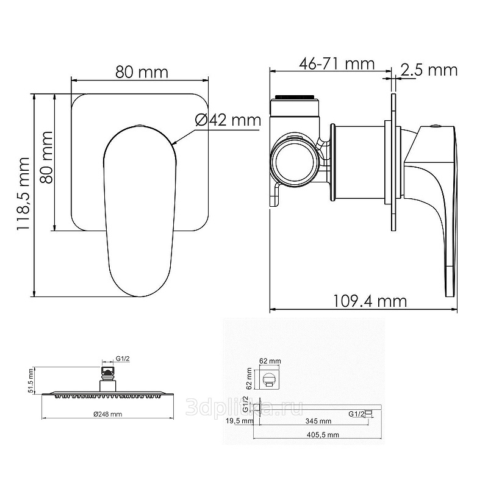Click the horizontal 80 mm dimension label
142,72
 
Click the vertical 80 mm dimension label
47,157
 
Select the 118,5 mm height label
23,193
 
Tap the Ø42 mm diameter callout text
228,120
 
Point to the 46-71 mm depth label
337,64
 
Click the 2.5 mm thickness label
429,70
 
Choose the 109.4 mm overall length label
370,301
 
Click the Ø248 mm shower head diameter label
108,414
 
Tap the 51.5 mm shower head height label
30,381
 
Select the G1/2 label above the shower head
123,359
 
